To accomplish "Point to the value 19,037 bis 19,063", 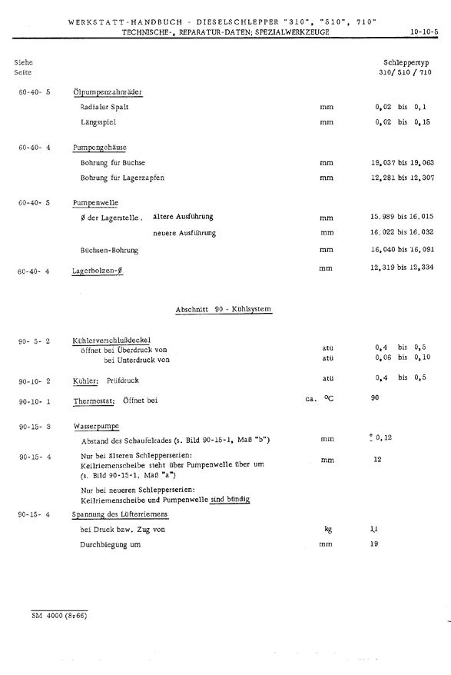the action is tap(402, 163).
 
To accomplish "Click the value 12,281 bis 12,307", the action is tap(402, 178).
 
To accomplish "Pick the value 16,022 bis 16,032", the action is tap(402, 232).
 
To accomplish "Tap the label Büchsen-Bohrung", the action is tap(110, 250).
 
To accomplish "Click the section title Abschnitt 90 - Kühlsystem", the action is tap(224, 309).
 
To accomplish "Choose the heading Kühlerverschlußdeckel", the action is tap(111, 340).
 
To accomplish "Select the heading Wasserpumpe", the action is tap(96, 425).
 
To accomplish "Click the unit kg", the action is tap(327, 529).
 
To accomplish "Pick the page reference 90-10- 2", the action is tap(35, 381).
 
